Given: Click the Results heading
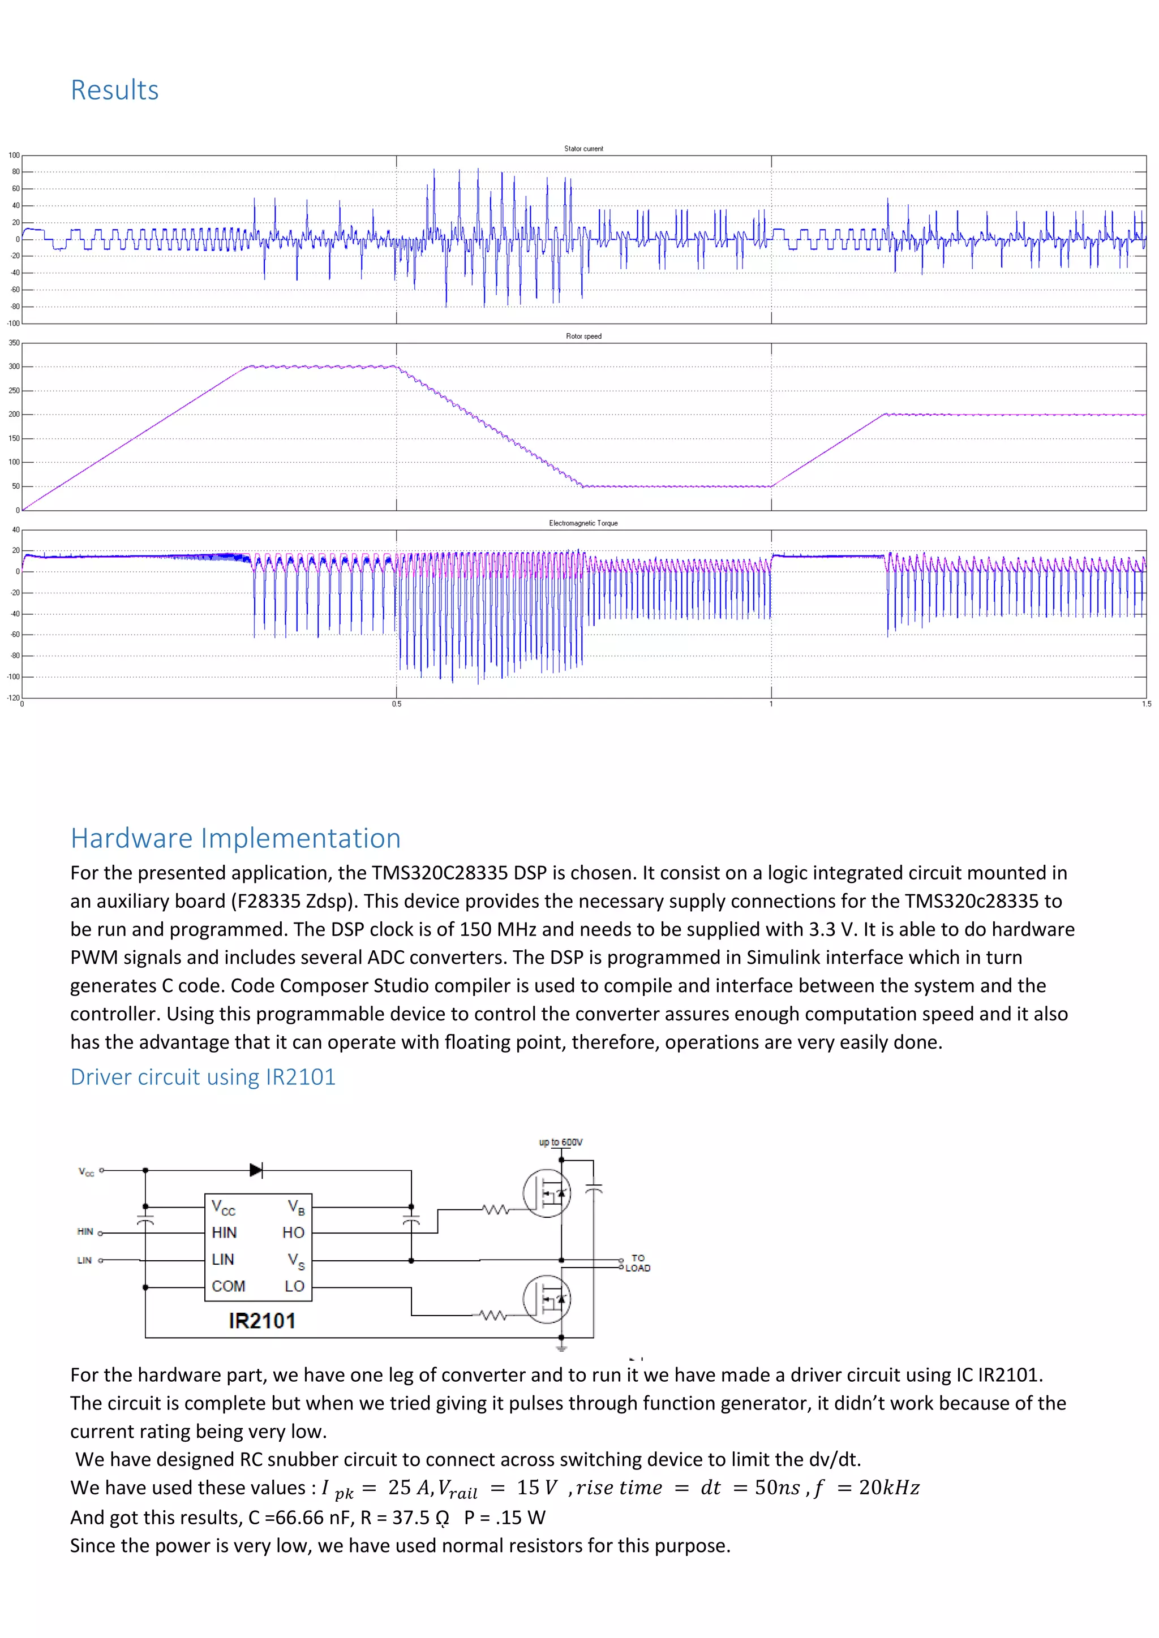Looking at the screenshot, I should [114, 90].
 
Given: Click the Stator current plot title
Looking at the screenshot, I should [583, 148].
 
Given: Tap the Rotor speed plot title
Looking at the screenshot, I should [583, 336].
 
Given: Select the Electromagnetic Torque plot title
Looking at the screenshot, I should [583, 523].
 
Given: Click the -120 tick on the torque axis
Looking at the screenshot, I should [13, 698].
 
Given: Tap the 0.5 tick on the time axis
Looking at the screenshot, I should [396, 704].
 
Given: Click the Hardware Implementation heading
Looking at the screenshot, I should [235, 838].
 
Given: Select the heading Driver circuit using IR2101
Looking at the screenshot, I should [203, 1076].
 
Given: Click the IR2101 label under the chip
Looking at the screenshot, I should [262, 1321].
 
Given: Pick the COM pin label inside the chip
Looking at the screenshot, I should [229, 1286].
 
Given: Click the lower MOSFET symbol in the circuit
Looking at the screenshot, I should [547, 1299].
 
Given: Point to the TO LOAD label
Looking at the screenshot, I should [637, 1263].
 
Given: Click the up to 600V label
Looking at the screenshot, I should [560, 1142].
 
